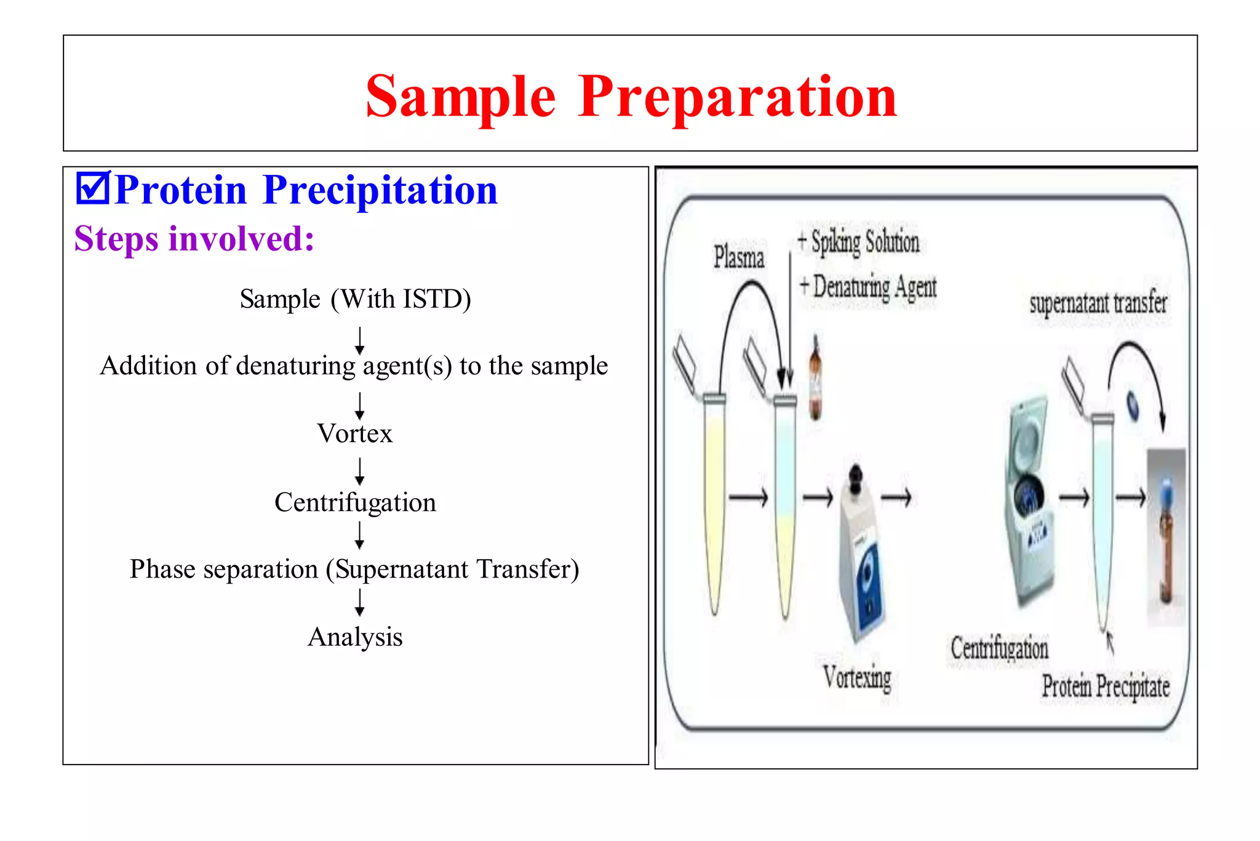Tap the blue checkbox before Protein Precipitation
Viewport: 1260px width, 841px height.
tap(92, 188)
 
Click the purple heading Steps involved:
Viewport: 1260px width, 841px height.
tap(194, 239)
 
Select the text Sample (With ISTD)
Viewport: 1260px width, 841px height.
tap(355, 299)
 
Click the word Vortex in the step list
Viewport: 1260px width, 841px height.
tap(354, 433)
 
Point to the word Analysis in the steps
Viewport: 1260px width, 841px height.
tap(355, 637)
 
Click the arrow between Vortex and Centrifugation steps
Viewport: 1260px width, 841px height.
tap(359, 471)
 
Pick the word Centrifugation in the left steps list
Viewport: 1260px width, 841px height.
tap(355, 502)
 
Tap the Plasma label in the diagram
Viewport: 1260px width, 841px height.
tap(738, 257)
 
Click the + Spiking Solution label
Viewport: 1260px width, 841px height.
tap(858, 241)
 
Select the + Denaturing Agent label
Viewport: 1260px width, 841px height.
tap(867, 287)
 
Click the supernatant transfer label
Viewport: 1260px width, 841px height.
tap(1098, 303)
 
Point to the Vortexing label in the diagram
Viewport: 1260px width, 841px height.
tap(857, 678)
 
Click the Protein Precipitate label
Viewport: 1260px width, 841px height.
tap(1105, 686)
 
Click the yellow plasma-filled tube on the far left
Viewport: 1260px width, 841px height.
tap(714, 505)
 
